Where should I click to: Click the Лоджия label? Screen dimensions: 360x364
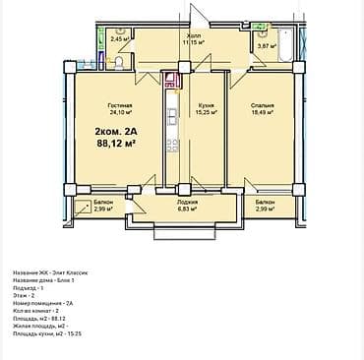[x=187, y=202]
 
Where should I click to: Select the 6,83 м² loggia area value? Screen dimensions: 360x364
[x=187, y=210]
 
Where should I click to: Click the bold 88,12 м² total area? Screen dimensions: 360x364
[x=116, y=142]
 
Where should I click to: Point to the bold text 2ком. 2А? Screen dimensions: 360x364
[x=114, y=130]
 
